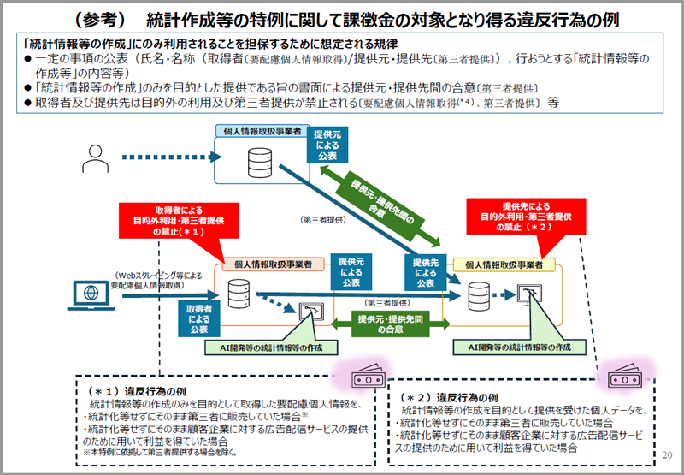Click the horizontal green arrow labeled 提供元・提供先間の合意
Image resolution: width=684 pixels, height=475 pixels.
[x=380, y=324]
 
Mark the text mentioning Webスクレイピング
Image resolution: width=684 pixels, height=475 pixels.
[x=155, y=281]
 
